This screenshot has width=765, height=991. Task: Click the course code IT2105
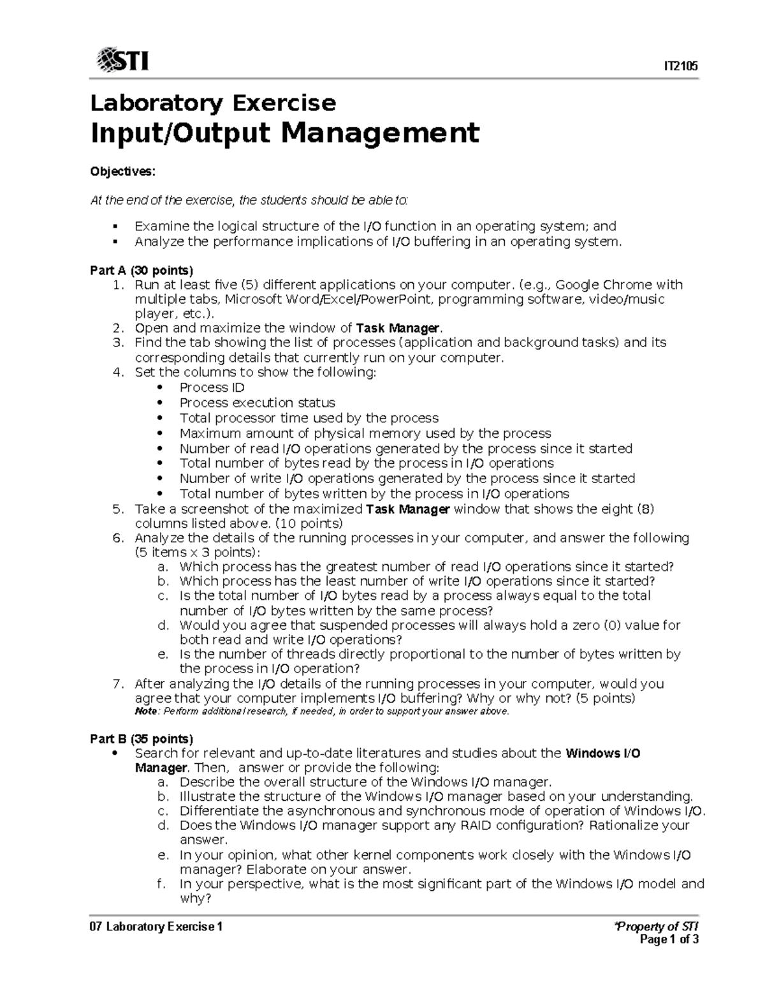(x=681, y=66)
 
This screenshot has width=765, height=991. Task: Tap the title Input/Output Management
(x=284, y=133)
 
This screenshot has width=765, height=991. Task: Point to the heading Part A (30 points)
(x=142, y=270)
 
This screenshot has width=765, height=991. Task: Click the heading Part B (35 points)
(x=142, y=739)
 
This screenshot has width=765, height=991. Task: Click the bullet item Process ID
(x=212, y=387)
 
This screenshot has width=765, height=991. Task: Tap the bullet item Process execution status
(x=257, y=403)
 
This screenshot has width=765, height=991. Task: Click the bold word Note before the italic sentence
(x=145, y=712)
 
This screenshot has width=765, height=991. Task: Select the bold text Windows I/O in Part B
(x=602, y=753)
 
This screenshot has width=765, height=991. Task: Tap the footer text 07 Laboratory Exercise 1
(x=156, y=927)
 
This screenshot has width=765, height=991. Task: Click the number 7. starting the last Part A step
(x=117, y=684)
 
